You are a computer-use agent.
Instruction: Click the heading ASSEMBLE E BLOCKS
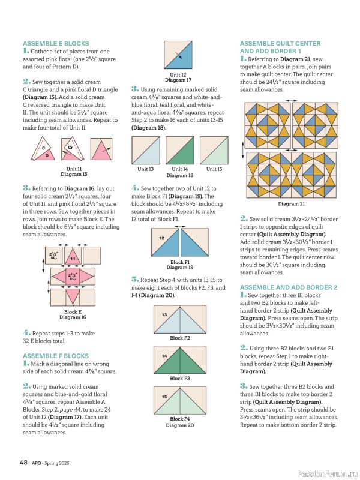56,44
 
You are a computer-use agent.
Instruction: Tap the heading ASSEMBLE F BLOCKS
56,356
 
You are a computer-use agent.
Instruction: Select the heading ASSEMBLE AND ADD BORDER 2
288,287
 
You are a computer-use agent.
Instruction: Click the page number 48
24,462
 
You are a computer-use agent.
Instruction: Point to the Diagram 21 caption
288,203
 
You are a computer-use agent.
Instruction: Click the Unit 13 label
146,169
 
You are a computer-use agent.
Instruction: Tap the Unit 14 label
179,169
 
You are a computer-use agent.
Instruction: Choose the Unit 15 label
214,169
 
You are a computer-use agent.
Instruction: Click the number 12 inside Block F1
161,238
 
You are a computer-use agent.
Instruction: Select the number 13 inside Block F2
164,314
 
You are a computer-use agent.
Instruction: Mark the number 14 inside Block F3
164,356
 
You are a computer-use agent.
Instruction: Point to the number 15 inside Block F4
164,397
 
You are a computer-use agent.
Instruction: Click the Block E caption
73,312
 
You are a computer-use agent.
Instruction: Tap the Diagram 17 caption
178,80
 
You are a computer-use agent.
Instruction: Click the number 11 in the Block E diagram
73,259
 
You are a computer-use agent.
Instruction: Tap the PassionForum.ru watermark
325,466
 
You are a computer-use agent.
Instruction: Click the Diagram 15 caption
74,175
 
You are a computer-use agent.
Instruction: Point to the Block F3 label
180,379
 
